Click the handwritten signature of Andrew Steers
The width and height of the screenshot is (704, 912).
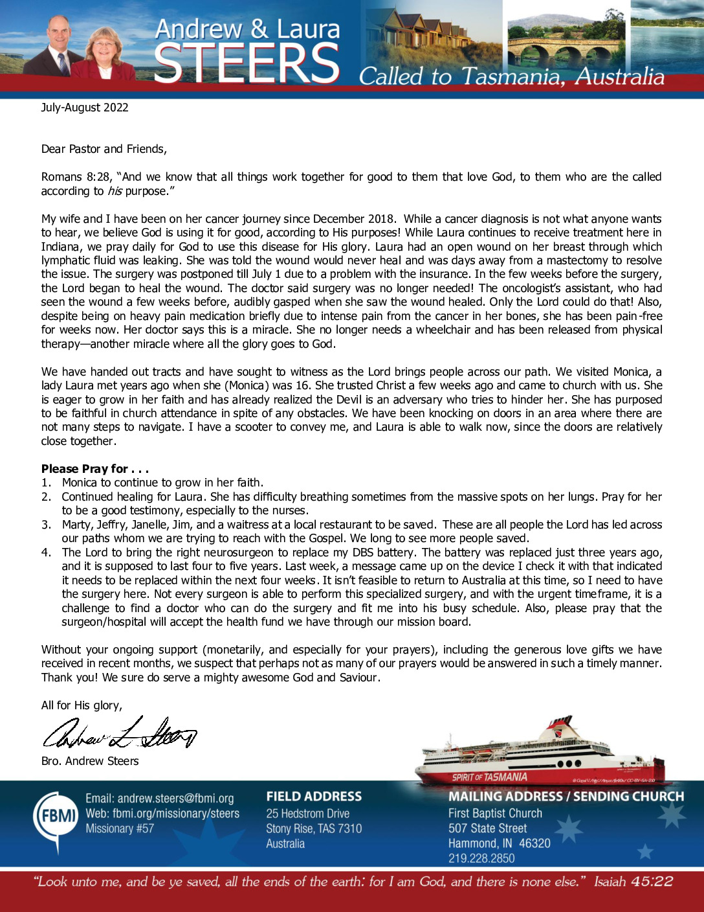coord(120,734)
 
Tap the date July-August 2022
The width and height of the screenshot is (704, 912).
coord(85,108)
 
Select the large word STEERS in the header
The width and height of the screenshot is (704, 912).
coord(247,63)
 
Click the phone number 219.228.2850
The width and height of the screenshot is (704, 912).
coord(481,858)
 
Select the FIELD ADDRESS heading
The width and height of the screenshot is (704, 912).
coord(314,797)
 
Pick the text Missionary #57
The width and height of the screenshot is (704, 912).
coord(120,828)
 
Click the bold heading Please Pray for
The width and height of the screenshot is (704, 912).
coord(94,468)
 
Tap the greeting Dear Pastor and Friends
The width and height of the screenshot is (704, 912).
coord(104,149)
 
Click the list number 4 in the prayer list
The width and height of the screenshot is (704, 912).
coord(46,553)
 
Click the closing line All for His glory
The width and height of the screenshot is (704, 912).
coord(82,705)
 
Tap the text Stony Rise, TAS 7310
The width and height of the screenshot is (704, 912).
coord(314,828)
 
